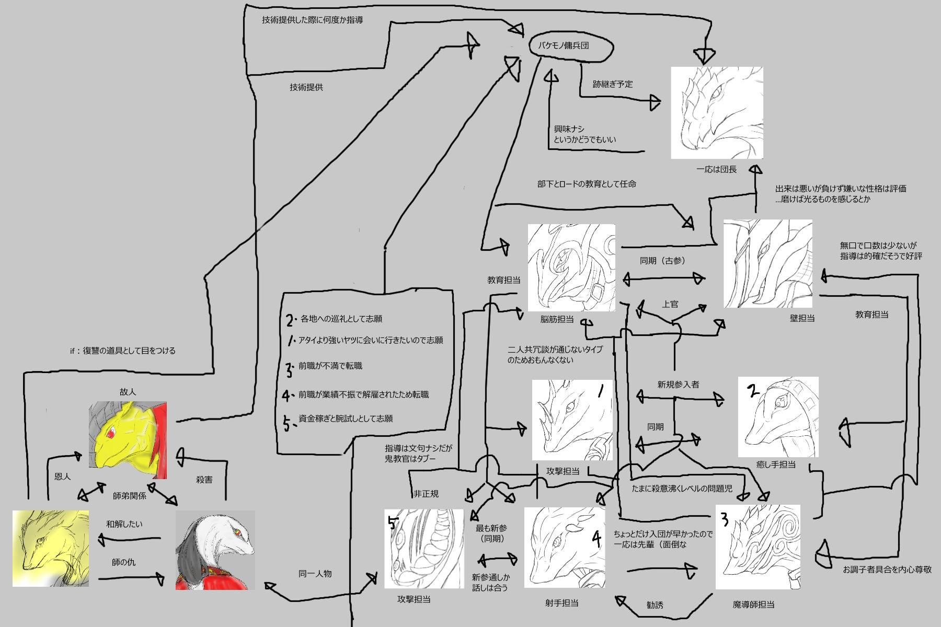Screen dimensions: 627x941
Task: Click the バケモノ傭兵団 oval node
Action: pos(570,46)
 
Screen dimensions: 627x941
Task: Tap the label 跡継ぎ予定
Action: pos(613,84)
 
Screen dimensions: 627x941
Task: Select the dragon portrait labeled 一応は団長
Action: pos(717,112)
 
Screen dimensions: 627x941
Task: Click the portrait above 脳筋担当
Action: pos(571,268)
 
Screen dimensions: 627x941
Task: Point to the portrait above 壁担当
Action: pos(767,264)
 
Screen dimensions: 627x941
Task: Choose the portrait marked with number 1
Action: pos(572,420)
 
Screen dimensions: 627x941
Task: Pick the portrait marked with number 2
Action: pos(778,416)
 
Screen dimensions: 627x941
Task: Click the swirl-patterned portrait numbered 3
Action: pos(758,547)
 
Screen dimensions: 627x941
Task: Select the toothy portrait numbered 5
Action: pos(424,549)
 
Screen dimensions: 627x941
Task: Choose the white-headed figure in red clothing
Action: pos(215,550)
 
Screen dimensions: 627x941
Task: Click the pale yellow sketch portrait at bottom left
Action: pos(50,548)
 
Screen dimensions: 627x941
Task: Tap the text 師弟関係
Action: pos(130,496)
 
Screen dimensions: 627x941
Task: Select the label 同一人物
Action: pos(315,573)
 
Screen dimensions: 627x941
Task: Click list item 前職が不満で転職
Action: pos(330,366)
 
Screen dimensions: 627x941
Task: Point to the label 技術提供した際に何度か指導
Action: pos(312,20)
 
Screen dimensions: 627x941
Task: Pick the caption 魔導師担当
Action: pos(753,605)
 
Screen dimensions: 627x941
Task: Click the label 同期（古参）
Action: pos(662,260)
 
